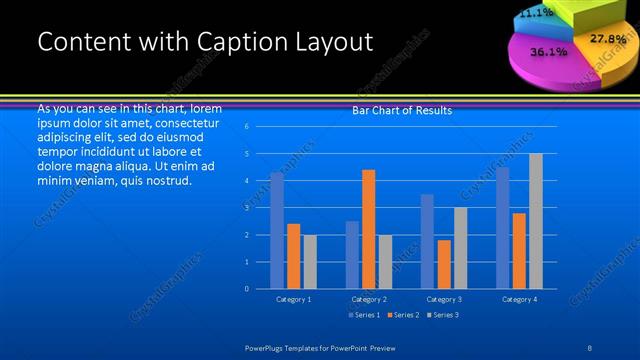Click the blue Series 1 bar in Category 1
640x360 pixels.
[277, 231]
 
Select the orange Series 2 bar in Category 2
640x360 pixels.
[368, 229]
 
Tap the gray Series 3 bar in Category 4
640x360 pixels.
[536, 221]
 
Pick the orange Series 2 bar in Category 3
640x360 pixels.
[444, 264]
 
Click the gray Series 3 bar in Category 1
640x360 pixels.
[310, 262]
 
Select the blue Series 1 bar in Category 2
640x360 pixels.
[352, 255]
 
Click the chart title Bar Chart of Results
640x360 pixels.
[402, 110]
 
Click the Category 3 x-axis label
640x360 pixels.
[444, 299]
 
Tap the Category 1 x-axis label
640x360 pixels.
[293, 299]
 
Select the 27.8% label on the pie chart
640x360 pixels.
[607, 39]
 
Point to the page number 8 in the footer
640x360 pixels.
[589, 346]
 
